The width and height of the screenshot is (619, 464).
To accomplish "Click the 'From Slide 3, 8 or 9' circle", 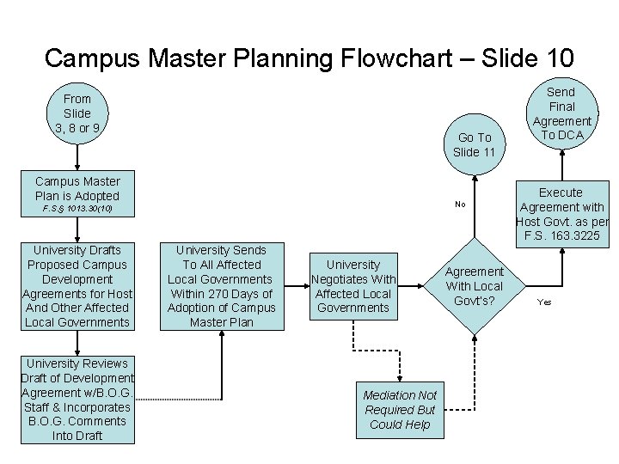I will coord(77,113).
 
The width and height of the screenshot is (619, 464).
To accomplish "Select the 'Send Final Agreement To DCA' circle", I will coord(561,113).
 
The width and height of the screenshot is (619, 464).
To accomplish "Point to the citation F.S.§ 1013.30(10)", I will coord(77,209).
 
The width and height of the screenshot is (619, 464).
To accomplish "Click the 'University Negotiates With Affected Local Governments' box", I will coord(353,286).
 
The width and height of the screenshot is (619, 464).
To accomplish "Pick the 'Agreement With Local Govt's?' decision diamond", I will coord(475,286).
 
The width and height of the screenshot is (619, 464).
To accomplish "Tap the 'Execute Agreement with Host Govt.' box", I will coord(561,213).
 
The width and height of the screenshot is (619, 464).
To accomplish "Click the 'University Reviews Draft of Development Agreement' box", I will coord(77,399).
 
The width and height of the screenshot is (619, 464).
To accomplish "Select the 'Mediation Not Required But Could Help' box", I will coord(400,410).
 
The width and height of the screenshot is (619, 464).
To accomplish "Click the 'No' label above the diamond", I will coord(460,205).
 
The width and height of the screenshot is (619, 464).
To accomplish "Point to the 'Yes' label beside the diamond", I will coord(544,302).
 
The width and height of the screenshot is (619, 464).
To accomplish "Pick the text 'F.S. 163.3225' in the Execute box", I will coord(561,235).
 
